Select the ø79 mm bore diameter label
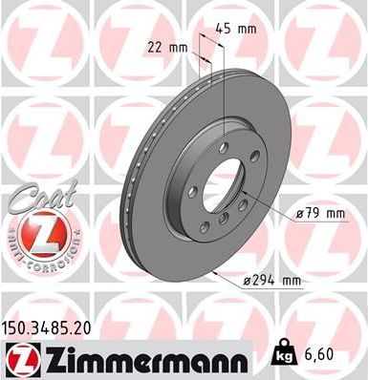pyautogui.click(x=321, y=215)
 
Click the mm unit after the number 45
pyautogui.click(x=249, y=29)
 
